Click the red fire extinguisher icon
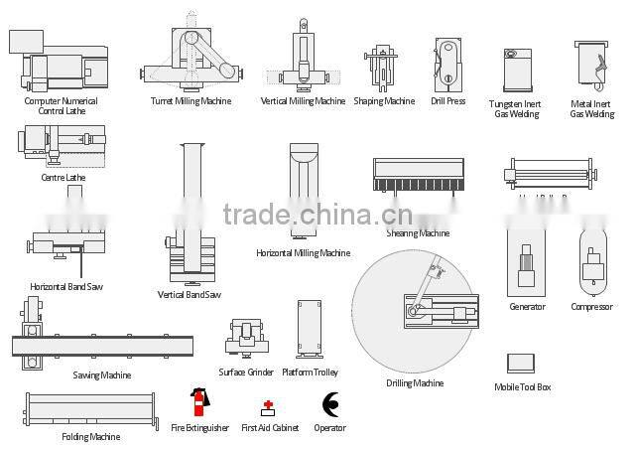click(198, 401)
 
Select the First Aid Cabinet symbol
click(268, 407)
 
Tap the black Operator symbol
click(330, 404)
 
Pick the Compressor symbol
click(592, 262)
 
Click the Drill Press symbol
click(447, 65)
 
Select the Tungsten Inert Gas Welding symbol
click(516, 70)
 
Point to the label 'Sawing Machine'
click(101, 375)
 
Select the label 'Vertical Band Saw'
click(190, 294)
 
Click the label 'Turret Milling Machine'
click(191, 101)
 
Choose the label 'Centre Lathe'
click(63, 178)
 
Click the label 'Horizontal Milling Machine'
click(303, 253)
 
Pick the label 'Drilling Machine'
click(415, 383)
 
